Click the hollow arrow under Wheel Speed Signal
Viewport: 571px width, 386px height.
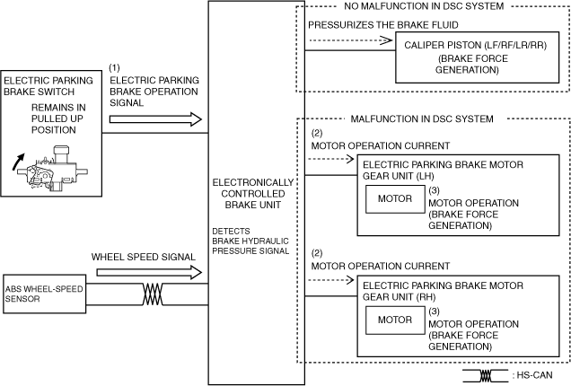(149, 272)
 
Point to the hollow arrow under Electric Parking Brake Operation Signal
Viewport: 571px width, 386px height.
(155, 119)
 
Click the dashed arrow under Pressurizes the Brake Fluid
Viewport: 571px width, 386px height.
(351, 40)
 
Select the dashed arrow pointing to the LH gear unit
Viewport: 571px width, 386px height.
(331, 159)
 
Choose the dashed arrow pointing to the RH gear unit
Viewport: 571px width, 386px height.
(331, 280)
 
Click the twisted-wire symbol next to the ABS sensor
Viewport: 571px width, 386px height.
(153, 294)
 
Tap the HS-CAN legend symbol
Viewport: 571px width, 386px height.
(486, 376)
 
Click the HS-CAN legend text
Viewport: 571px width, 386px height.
(532, 375)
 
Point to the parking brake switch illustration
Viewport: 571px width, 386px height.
(53, 169)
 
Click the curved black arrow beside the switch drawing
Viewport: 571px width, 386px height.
(18, 162)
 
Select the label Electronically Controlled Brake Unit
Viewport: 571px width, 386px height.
(252, 194)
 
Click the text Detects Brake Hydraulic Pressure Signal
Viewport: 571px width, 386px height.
(250, 241)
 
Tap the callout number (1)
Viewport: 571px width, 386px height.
(114, 67)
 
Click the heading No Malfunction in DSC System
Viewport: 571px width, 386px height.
(424, 6)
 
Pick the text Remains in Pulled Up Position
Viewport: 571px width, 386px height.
(57, 118)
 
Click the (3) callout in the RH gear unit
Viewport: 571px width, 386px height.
(434, 311)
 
